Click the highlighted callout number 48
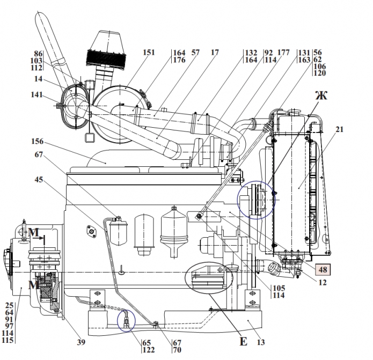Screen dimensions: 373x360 pos(323,269)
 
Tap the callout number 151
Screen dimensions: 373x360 pos(149,53)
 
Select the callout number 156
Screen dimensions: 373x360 pos(38,141)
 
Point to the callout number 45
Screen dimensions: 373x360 pos(39,180)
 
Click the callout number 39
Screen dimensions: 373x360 pos(81,342)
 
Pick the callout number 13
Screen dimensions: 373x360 pos(261,342)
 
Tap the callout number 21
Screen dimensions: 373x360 pos(340,129)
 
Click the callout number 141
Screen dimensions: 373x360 pos(36,94)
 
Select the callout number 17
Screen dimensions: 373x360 pos(215,53)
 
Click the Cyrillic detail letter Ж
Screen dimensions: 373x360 pos(321,95)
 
